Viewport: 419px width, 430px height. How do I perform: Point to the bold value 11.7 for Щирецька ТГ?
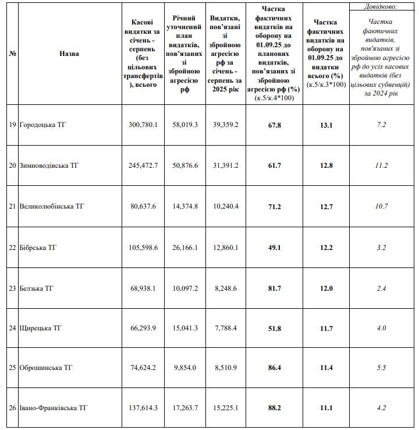326,327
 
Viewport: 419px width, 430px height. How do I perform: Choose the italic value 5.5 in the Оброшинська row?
381,368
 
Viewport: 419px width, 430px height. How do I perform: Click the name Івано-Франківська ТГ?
54,408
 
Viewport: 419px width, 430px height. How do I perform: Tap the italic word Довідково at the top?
382,7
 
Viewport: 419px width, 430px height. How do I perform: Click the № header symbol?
12,54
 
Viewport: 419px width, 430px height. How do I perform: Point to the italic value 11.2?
381,165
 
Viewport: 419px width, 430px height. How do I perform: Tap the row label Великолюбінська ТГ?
52,206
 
